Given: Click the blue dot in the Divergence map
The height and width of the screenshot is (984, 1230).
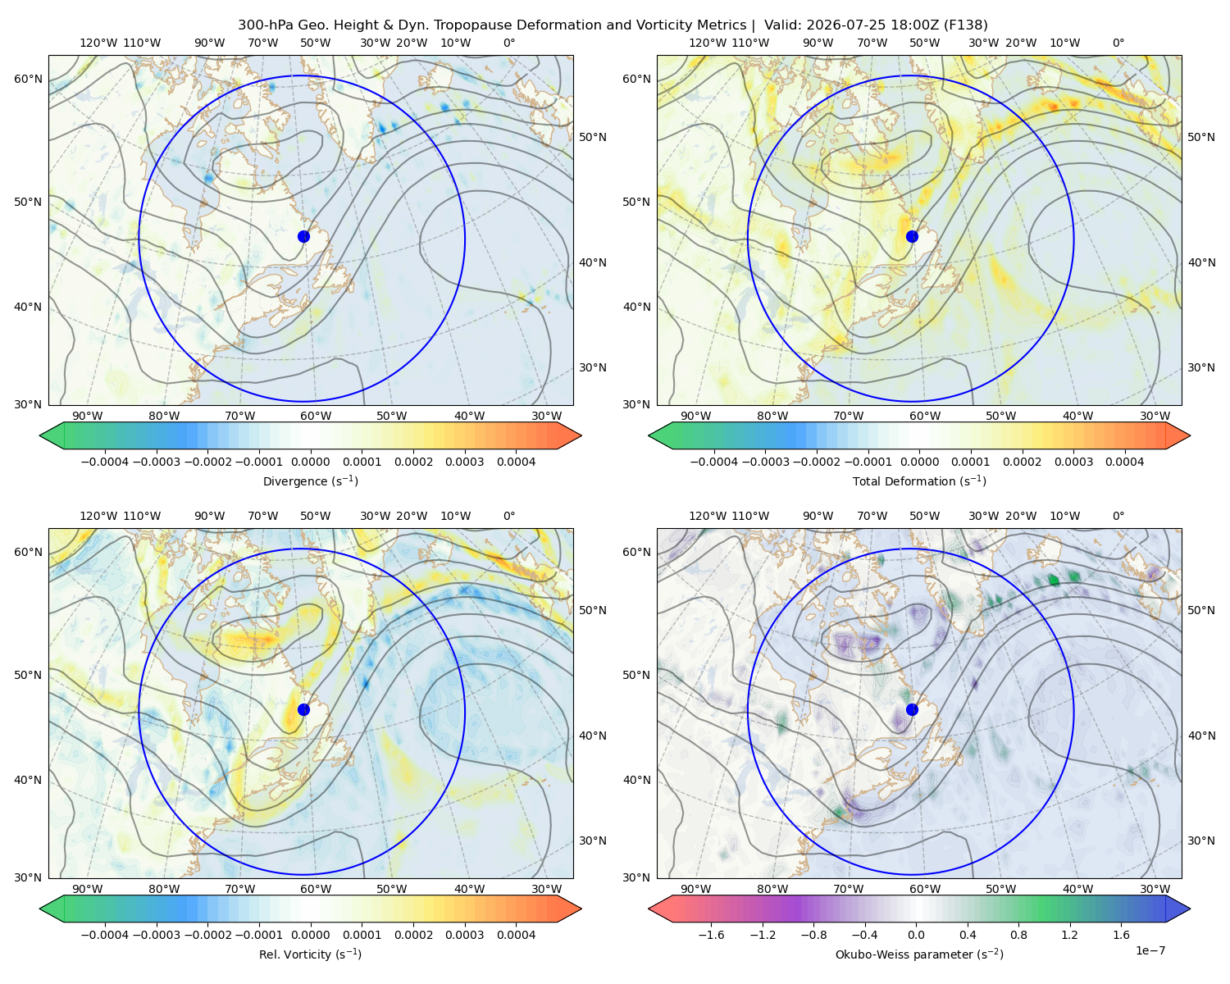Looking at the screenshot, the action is [303, 237].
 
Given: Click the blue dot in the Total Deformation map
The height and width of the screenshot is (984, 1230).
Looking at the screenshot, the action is [912, 237].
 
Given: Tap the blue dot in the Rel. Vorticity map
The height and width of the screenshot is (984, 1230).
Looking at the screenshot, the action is [303, 709].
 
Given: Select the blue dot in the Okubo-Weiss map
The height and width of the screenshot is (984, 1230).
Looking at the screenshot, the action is [912, 709].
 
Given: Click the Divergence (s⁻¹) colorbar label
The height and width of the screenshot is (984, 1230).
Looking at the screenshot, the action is [310, 481].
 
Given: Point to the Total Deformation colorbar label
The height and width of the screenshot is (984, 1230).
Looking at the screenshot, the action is [919, 481].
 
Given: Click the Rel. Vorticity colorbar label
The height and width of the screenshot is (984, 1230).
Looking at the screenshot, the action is [310, 954].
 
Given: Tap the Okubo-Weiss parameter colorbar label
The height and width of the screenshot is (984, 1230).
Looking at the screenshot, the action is [919, 954].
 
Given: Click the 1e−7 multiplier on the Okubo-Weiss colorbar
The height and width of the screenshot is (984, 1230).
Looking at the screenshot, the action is [1150, 951].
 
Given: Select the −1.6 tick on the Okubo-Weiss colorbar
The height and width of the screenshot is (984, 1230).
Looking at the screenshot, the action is [711, 935].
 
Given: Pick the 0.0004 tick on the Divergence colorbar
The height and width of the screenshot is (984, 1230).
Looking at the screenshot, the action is [516, 462].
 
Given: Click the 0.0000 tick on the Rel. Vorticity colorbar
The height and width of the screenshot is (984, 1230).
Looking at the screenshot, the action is [310, 935].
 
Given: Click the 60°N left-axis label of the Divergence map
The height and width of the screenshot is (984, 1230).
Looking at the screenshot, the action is [28, 79].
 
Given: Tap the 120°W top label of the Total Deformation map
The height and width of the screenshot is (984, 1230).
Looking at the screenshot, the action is [708, 43].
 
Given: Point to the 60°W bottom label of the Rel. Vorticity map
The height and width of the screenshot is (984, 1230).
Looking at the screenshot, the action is [316, 889].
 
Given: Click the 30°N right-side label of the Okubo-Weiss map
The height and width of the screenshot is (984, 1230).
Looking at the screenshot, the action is [1201, 840].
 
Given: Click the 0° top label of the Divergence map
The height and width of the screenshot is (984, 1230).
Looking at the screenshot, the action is [509, 43].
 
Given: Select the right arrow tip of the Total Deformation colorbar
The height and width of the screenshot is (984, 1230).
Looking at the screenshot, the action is [1190, 435].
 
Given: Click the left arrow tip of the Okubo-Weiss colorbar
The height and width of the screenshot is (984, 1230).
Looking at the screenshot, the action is [649, 909].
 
